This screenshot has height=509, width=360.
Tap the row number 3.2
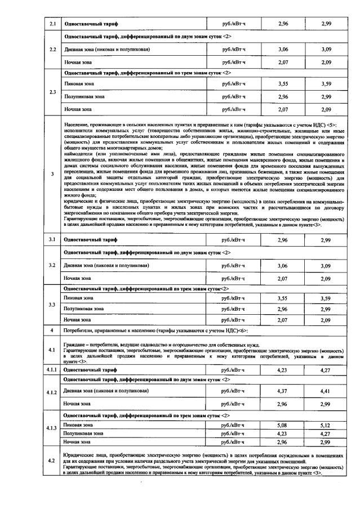pyautogui.click(x=52, y=265)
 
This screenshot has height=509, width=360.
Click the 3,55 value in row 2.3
pyautogui.click(x=283, y=84)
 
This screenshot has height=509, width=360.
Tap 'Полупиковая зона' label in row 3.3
pyautogui.click(x=84, y=309)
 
